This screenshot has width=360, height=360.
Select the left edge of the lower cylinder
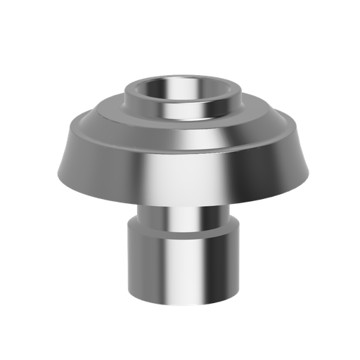tap(128, 264)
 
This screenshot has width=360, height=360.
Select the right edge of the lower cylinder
tap(238, 264)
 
